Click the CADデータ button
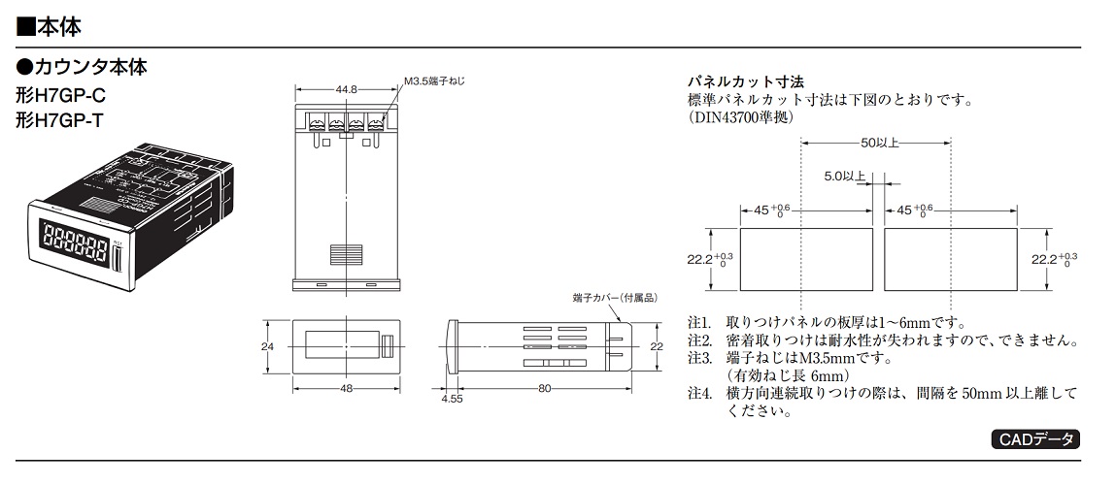click(1034, 439)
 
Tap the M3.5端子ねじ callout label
click(435, 81)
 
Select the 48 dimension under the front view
click(346, 388)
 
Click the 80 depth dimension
click(545, 388)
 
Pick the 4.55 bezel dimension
click(452, 399)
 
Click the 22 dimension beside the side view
click(657, 346)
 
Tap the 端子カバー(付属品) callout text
click(612, 297)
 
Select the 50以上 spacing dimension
click(879, 143)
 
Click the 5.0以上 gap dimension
click(845, 175)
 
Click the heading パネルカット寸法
click(745, 82)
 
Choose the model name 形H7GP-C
click(60, 95)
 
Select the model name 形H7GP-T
click(59, 120)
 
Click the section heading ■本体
click(49, 27)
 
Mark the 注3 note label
click(699, 358)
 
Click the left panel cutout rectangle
click(806, 260)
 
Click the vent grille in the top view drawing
click(345, 254)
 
